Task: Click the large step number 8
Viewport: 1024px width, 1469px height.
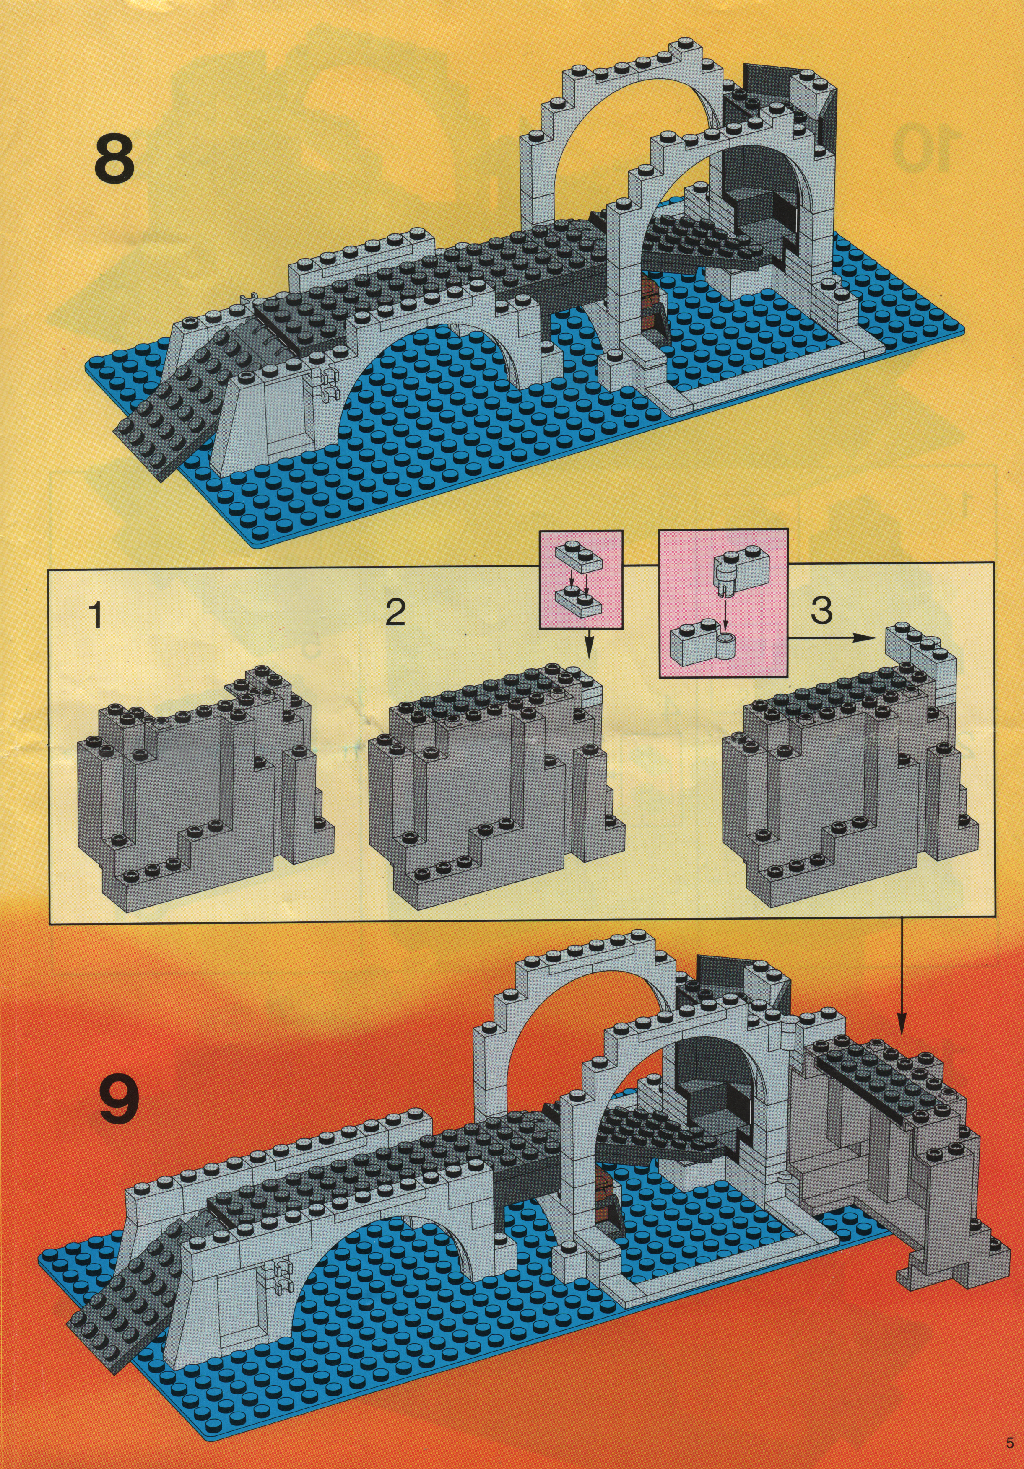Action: pos(115,157)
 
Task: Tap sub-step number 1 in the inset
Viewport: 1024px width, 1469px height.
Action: pos(96,615)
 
